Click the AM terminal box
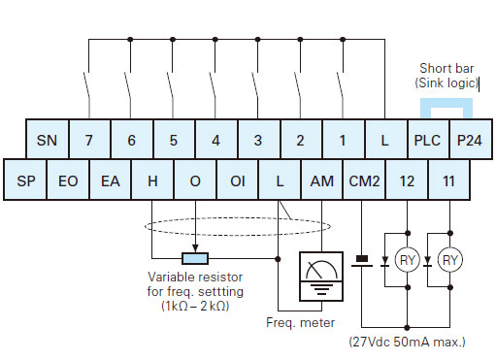[x=320, y=181]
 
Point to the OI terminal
[x=237, y=181]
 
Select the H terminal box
[x=152, y=181]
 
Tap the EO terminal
[x=68, y=181]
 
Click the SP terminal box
[x=26, y=181]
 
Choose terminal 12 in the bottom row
[x=407, y=181]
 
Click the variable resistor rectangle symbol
[x=195, y=259]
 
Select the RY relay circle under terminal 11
[x=449, y=260]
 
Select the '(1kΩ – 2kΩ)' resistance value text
[x=195, y=305]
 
